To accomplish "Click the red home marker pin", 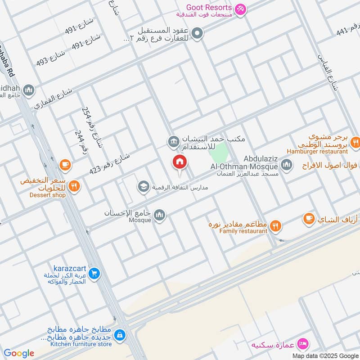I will coord(180,162).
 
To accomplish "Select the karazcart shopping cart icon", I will coord(94,273).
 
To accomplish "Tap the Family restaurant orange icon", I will coord(276,227).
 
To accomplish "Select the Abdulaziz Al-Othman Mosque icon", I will coord(286,165).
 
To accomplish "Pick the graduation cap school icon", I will coord(144,186).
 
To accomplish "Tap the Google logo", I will coord(19,353).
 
